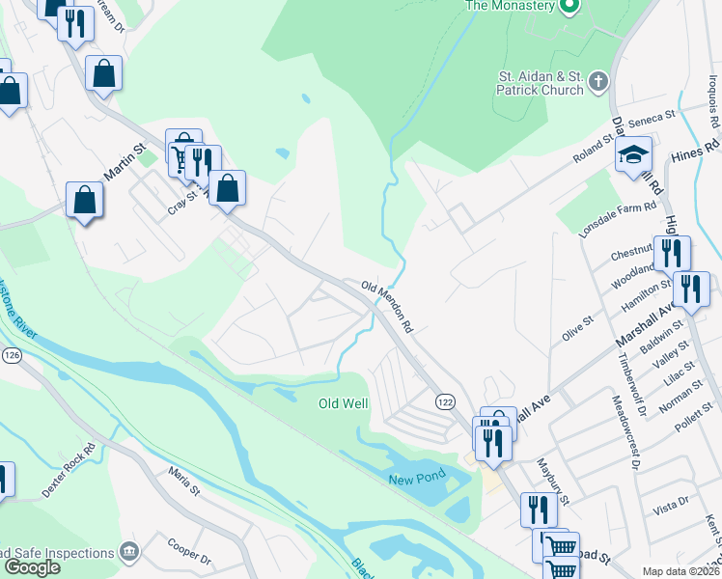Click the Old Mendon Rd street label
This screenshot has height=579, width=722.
[388, 308]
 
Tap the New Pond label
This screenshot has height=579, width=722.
[414, 481]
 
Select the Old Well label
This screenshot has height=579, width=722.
[344, 403]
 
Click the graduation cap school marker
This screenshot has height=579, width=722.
[634, 154]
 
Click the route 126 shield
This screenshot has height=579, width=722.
[12, 355]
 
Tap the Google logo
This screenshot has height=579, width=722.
[32, 567]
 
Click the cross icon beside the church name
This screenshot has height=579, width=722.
[598, 82]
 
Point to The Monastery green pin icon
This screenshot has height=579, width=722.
[569, 6]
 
